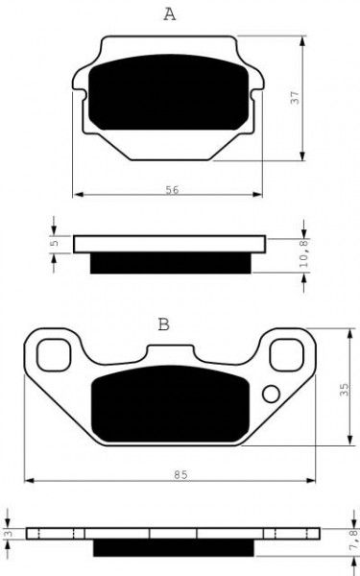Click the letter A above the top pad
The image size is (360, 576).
[x=169, y=13]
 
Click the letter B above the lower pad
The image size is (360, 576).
[x=163, y=324]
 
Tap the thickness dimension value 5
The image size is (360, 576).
[x=56, y=244]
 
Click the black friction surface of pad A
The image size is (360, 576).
[x=169, y=96]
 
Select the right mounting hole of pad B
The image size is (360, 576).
[x=286, y=355]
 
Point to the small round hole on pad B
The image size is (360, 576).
[x=270, y=393]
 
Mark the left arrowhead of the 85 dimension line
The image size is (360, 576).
[x=29, y=479]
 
